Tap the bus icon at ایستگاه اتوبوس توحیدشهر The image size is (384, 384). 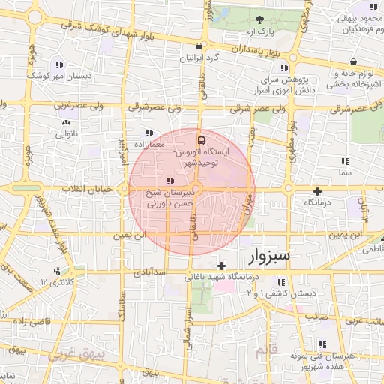201,140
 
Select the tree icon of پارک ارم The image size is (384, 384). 259,20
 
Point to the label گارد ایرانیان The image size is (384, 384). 202,58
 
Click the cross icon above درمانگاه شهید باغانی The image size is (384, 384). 221,265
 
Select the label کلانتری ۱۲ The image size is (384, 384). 58,281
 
